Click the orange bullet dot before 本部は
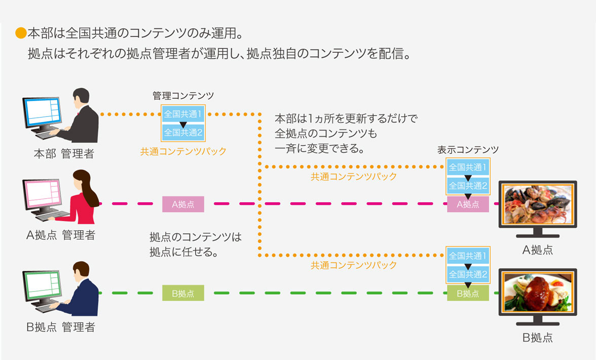[x=21, y=34]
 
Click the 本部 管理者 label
[x=64, y=154]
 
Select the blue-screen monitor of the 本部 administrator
[x=42, y=112]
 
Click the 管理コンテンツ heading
[x=183, y=95]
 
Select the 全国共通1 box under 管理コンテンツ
[x=183, y=114]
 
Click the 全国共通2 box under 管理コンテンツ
[x=183, y=133]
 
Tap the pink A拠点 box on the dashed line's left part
[x=183, y=204]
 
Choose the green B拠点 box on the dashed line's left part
[x=183, y=293]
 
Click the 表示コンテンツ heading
[x=468, y=150]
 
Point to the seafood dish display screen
[x=538, y=204]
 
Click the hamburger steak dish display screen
[x=538, y=293]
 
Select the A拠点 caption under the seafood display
[x=538, y=250]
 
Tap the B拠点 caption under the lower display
[x=538, y=337]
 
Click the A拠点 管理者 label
[x=60, y=235]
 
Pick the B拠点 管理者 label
[x=60, y=327]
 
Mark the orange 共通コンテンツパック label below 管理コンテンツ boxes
[x=183, y=151]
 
